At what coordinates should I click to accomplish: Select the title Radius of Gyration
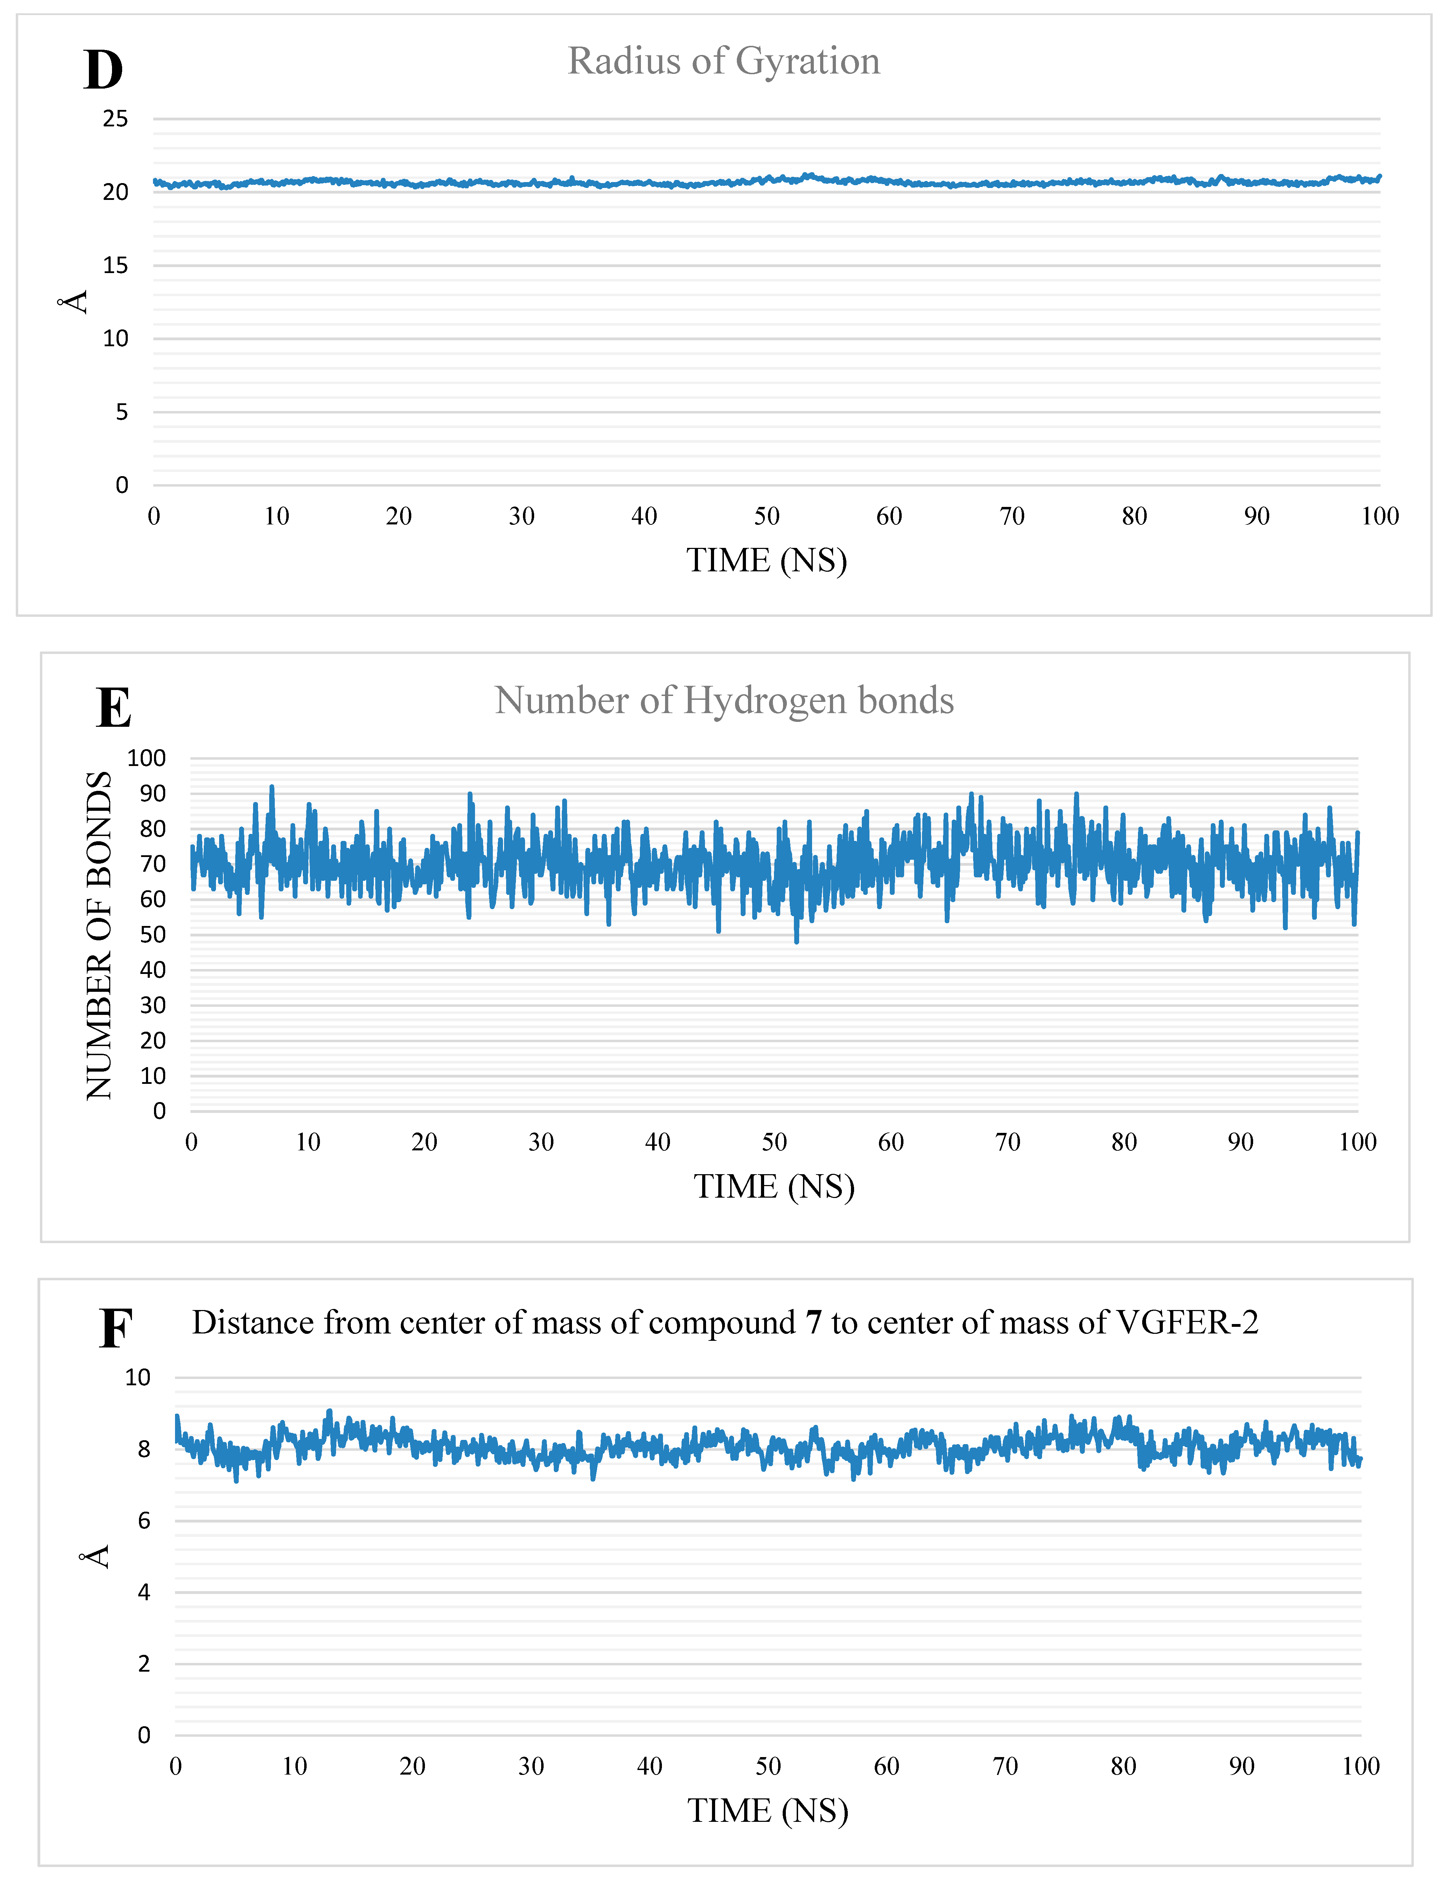(724, 61)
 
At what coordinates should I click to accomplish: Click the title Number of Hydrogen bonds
(724, 700)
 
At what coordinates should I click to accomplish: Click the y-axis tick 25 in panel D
(116, 119)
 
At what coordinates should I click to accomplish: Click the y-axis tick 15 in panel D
(116, 265)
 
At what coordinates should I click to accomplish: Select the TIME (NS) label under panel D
(767, 561)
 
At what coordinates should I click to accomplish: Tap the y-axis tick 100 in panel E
(146, 758)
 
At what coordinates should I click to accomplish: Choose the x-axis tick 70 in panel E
(1008, 1142)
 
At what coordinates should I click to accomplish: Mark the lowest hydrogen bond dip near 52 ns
(797, 941)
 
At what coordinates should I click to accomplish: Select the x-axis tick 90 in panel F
(1241, 1767)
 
